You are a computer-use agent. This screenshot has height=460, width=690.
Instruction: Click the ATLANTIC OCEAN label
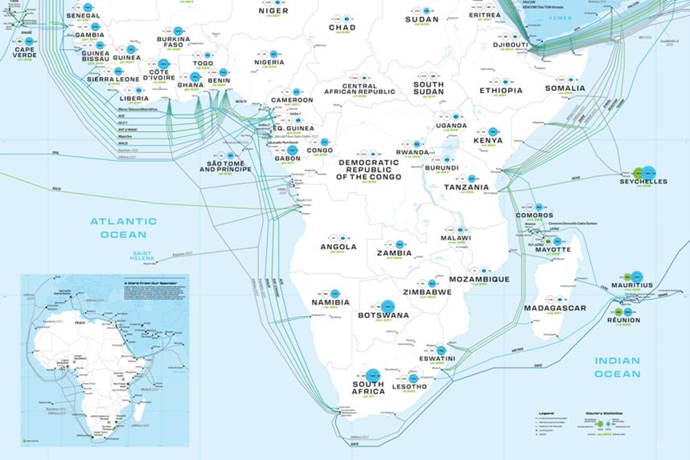[x=117, y=228]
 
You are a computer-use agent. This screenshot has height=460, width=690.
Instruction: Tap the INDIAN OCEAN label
[x=617, y=367]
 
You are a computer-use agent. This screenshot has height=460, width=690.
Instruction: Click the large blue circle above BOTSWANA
[x=388, y=306]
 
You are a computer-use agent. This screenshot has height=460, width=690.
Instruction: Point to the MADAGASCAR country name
[x=554, y=308]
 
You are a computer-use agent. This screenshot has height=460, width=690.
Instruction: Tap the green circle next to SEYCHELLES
[x=638, y=172]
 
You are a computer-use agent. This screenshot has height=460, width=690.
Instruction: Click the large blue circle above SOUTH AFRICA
[x=372, y=374]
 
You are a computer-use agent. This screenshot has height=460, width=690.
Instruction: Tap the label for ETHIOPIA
[x=501, y=91]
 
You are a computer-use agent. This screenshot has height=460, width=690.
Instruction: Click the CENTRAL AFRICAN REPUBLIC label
[x=371, y=89]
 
